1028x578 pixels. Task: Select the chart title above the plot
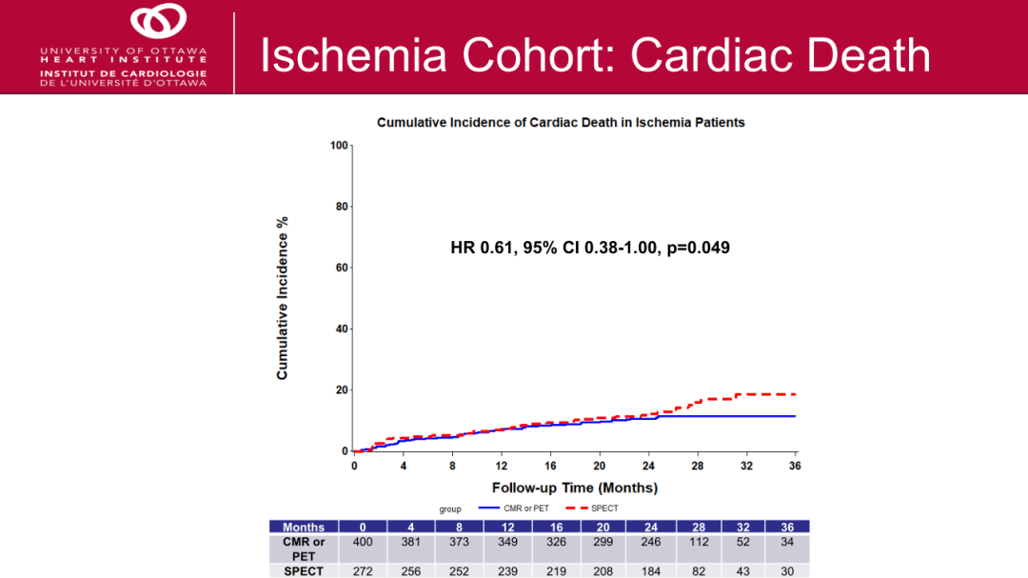561,123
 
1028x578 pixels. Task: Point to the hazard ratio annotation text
590,248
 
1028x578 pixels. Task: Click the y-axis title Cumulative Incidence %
283,298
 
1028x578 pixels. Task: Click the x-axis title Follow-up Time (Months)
574,488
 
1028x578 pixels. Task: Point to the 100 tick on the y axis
339,146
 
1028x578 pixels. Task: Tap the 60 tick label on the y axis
342,268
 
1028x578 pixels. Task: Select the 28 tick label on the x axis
697,467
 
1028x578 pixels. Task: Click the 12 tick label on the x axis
501,467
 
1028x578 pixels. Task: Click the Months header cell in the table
304,527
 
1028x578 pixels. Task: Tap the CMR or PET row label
304,548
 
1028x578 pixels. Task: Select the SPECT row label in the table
304,571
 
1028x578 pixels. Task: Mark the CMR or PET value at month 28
699,542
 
